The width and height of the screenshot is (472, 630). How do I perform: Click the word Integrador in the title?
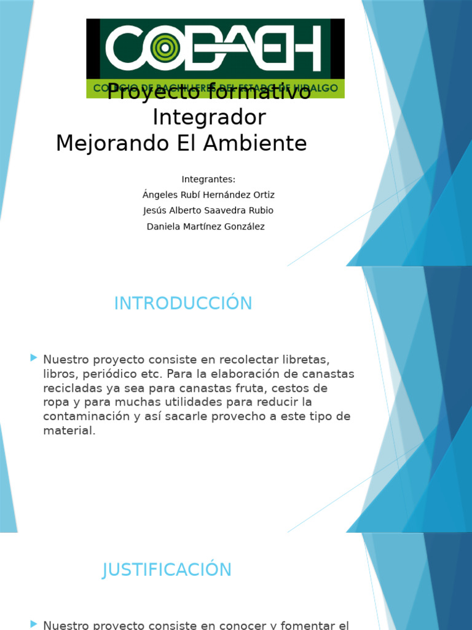pos(209,117)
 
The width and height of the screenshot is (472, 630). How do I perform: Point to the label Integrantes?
pos(208,180)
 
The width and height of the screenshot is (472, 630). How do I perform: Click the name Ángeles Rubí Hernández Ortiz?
pos(208,195)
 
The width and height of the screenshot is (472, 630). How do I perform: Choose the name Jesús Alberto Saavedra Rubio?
pos(208,210)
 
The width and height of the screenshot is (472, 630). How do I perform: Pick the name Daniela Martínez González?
pos(206,226)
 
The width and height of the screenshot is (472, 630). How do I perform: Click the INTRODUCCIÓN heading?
pos(183,303)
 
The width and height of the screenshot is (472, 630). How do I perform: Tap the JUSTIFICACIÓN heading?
pos(167,570)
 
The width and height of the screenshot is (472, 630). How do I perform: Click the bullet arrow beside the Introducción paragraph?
pos(33,357)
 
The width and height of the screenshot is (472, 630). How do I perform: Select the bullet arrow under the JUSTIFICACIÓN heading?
pos(33,624)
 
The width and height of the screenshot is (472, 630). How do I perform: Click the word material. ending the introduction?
pos(69,431)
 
